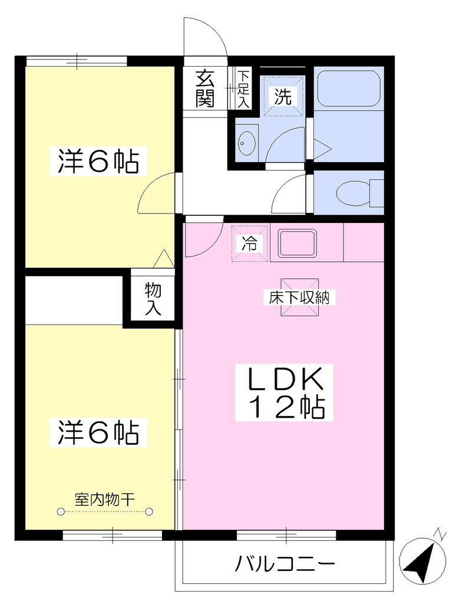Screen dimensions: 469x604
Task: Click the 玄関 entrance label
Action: (x=204, y=88)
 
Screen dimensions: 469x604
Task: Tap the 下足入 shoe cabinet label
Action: (x=243, y=88)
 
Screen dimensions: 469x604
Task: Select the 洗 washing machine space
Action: (x=283, y=96)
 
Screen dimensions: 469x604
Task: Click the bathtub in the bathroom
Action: (x=349, y=88)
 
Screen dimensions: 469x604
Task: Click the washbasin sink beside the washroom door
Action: (x=247, y=143)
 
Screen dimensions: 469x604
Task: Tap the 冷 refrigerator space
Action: (x=249, y=244)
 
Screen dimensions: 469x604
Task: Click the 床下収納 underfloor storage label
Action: (x=299, y=297)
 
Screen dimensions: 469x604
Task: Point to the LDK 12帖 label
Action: (x=284, y=392)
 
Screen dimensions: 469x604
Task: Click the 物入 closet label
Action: (x=153, y=298)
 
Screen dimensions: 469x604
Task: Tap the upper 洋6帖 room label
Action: (x=98, y=162)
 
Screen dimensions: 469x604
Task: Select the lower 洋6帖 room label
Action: (x=98, y=432)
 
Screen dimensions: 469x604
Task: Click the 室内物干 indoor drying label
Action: (x=105, y=500)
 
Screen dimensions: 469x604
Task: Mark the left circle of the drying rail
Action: (x=61, y=511)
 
